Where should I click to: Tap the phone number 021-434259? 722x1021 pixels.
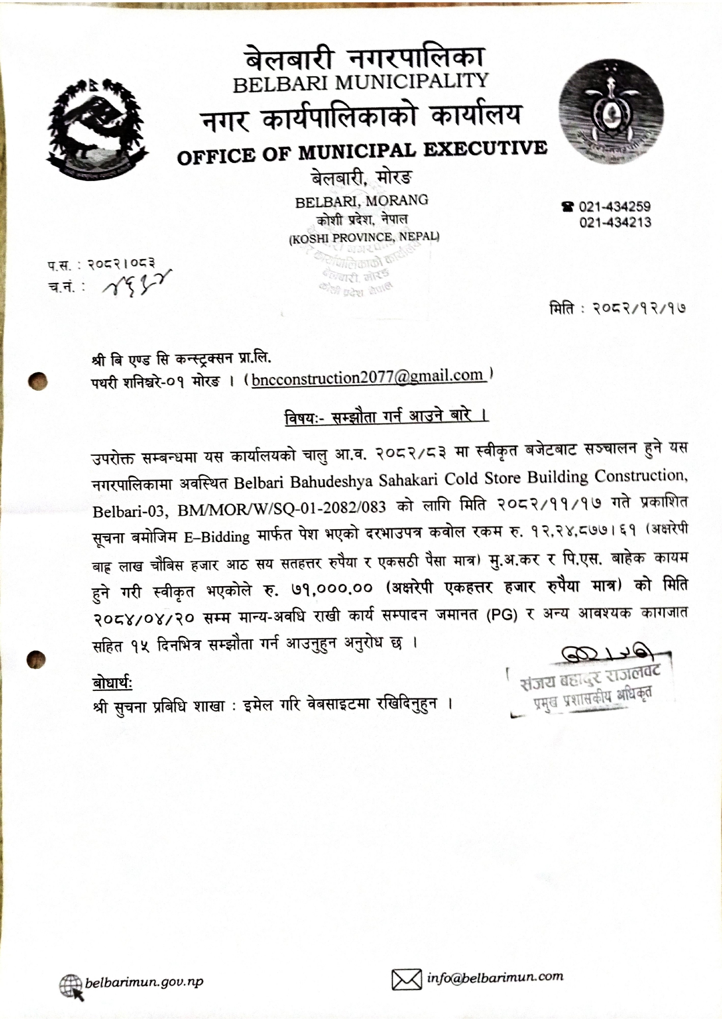point(615,207)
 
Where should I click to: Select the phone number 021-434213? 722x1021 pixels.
point(615,222)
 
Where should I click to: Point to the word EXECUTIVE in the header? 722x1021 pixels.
point(485,150)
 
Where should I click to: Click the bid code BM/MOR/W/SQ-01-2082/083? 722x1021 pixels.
point(282,508)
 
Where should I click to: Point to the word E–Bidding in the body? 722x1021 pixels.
point(217,537)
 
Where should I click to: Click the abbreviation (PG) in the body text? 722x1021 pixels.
point(502,615)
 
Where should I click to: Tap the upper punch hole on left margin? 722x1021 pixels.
point(38,381)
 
